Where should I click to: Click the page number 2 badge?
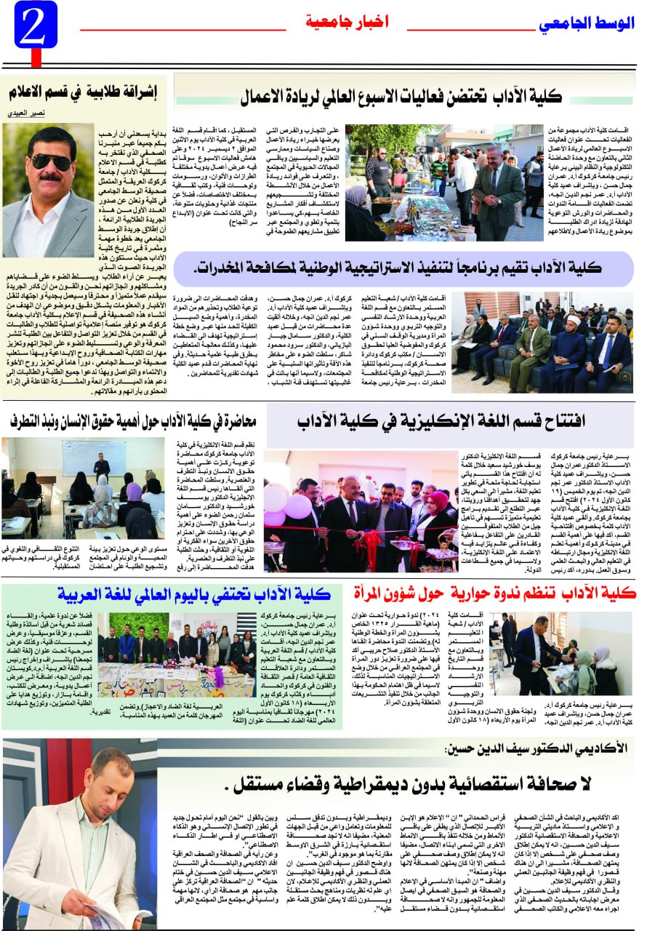pos(34,25)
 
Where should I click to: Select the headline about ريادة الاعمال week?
pos(402,95)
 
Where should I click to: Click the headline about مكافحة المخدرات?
pos(403,268)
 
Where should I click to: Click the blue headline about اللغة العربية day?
pos(193,594)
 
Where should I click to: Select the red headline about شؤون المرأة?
pos(494,594)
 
